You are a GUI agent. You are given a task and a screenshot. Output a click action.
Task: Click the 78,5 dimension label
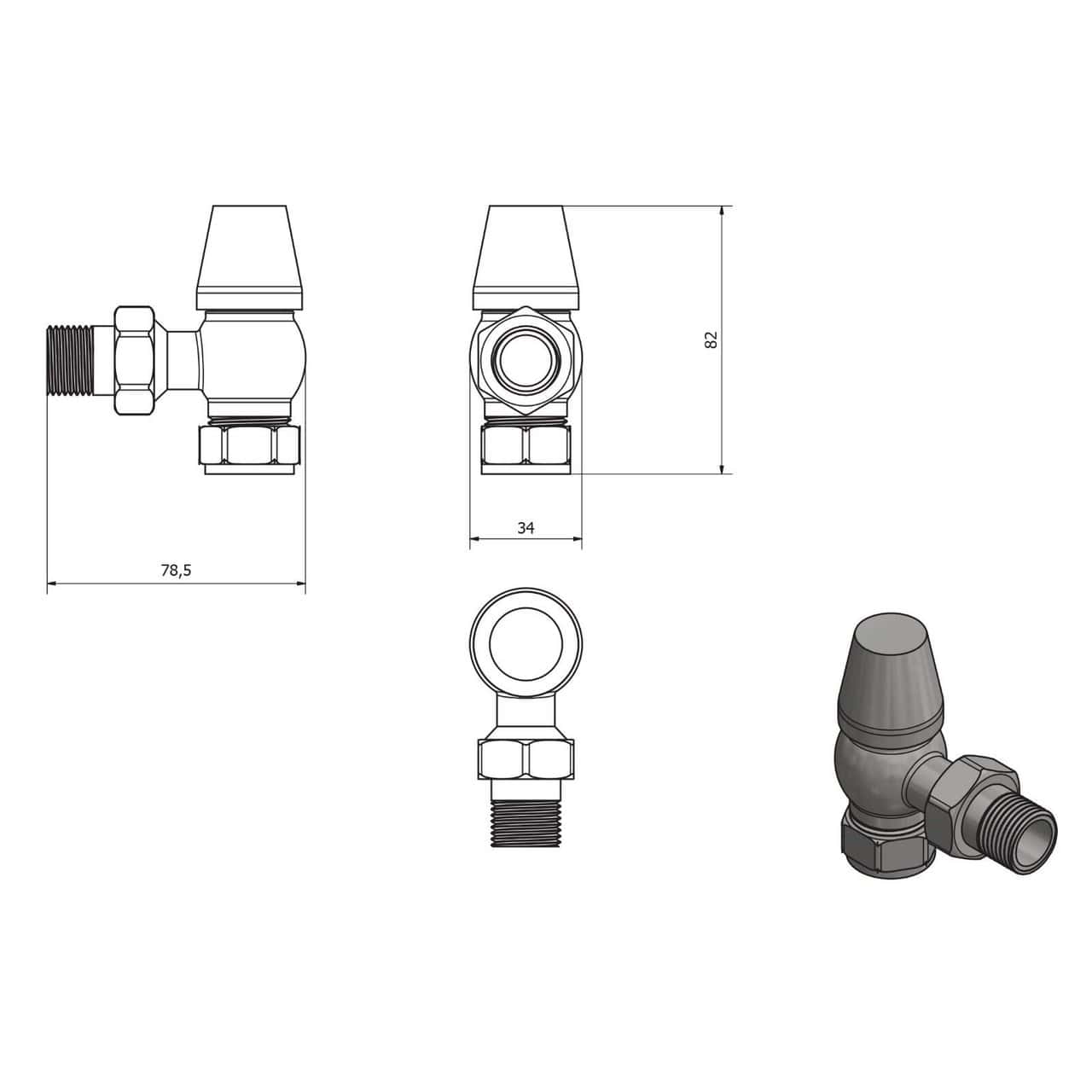[x=176, y=570]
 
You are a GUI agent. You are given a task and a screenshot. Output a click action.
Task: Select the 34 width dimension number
[x=526, y=528]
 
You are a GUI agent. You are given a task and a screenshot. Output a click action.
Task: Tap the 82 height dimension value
[x=711, y=340]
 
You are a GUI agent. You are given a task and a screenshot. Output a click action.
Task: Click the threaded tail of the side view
[x=70, y=360]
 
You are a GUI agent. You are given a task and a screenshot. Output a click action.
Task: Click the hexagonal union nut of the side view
[x=134, y=360]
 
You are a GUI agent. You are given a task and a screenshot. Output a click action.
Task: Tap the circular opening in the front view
[x=526, y=359]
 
